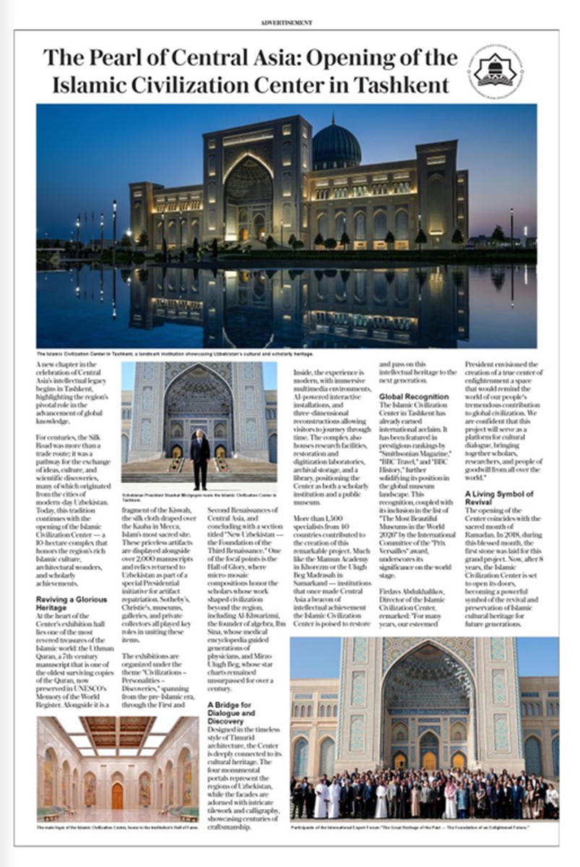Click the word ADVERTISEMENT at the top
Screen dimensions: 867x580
pyautogui.click(x=287, y=22)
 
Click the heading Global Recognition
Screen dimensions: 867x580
pyautogui.click(x=413, y=397)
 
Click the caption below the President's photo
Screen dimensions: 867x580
pyautogui.click(x=199, y=496)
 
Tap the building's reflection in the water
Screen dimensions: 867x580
pyautogui.click(x=289, y=304)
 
